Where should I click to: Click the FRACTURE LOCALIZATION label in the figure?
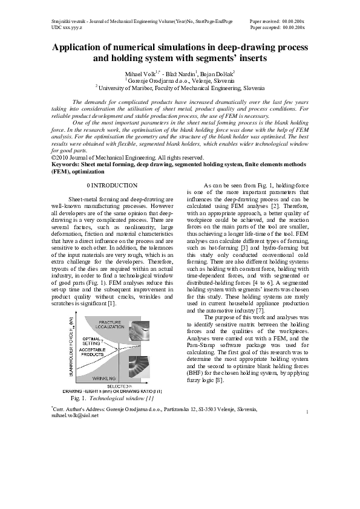tap(111, 324)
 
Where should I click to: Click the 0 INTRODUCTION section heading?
tap(113, 184)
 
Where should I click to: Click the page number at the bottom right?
tap(308, 412)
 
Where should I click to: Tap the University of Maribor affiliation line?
tap(180, 88)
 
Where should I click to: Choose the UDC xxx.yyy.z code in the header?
tap(68, 27)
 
